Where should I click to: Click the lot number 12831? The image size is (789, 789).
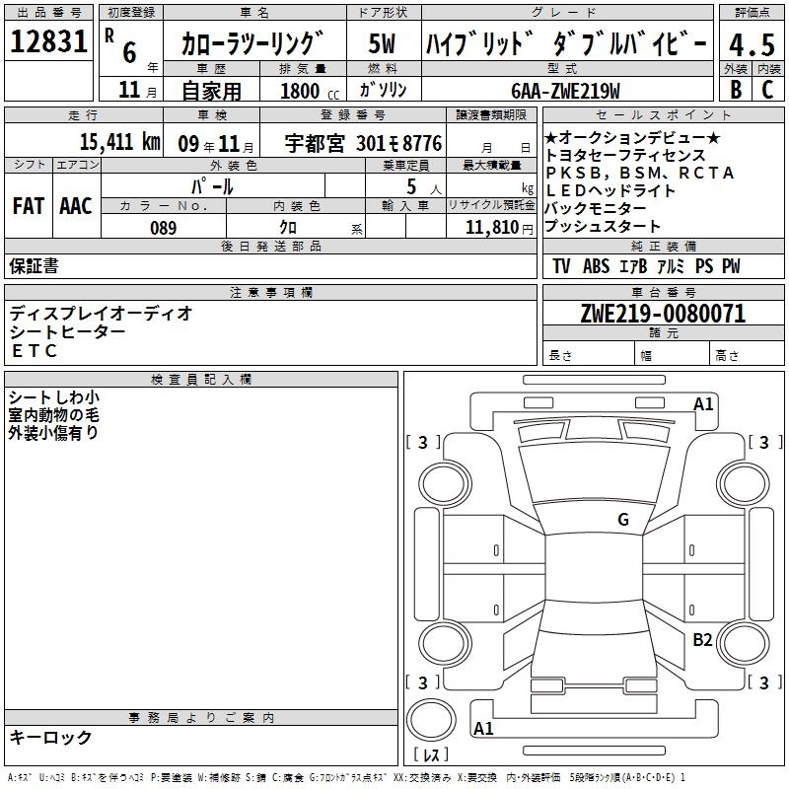[x=49, y=42]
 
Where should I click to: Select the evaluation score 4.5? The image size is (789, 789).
[x=750, y=45]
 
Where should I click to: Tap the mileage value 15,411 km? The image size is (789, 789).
[x=119, y=142]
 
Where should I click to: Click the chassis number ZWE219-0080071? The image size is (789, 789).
[x=663, y=314]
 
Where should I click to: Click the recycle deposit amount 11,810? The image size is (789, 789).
[x=490, y=228]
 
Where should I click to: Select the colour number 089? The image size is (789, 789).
[x=164, y=228]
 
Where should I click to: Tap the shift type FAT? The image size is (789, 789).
[x=28, y=205]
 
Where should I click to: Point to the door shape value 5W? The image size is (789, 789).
[x=383, y=43]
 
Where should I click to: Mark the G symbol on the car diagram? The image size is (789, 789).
[x=623, y=519]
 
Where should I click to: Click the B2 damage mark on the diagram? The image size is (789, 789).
[x=702, y=640]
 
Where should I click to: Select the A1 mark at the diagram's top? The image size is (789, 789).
[x=703, y=403]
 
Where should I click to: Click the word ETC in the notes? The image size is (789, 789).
[x=35, y=351]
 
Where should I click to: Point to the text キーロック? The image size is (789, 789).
[x=50, y=737]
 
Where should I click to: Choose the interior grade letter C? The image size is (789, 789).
[x=767, y=89]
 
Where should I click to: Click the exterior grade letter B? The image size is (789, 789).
[x=735, y=89]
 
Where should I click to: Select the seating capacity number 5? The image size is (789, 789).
[x=409, y=185]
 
